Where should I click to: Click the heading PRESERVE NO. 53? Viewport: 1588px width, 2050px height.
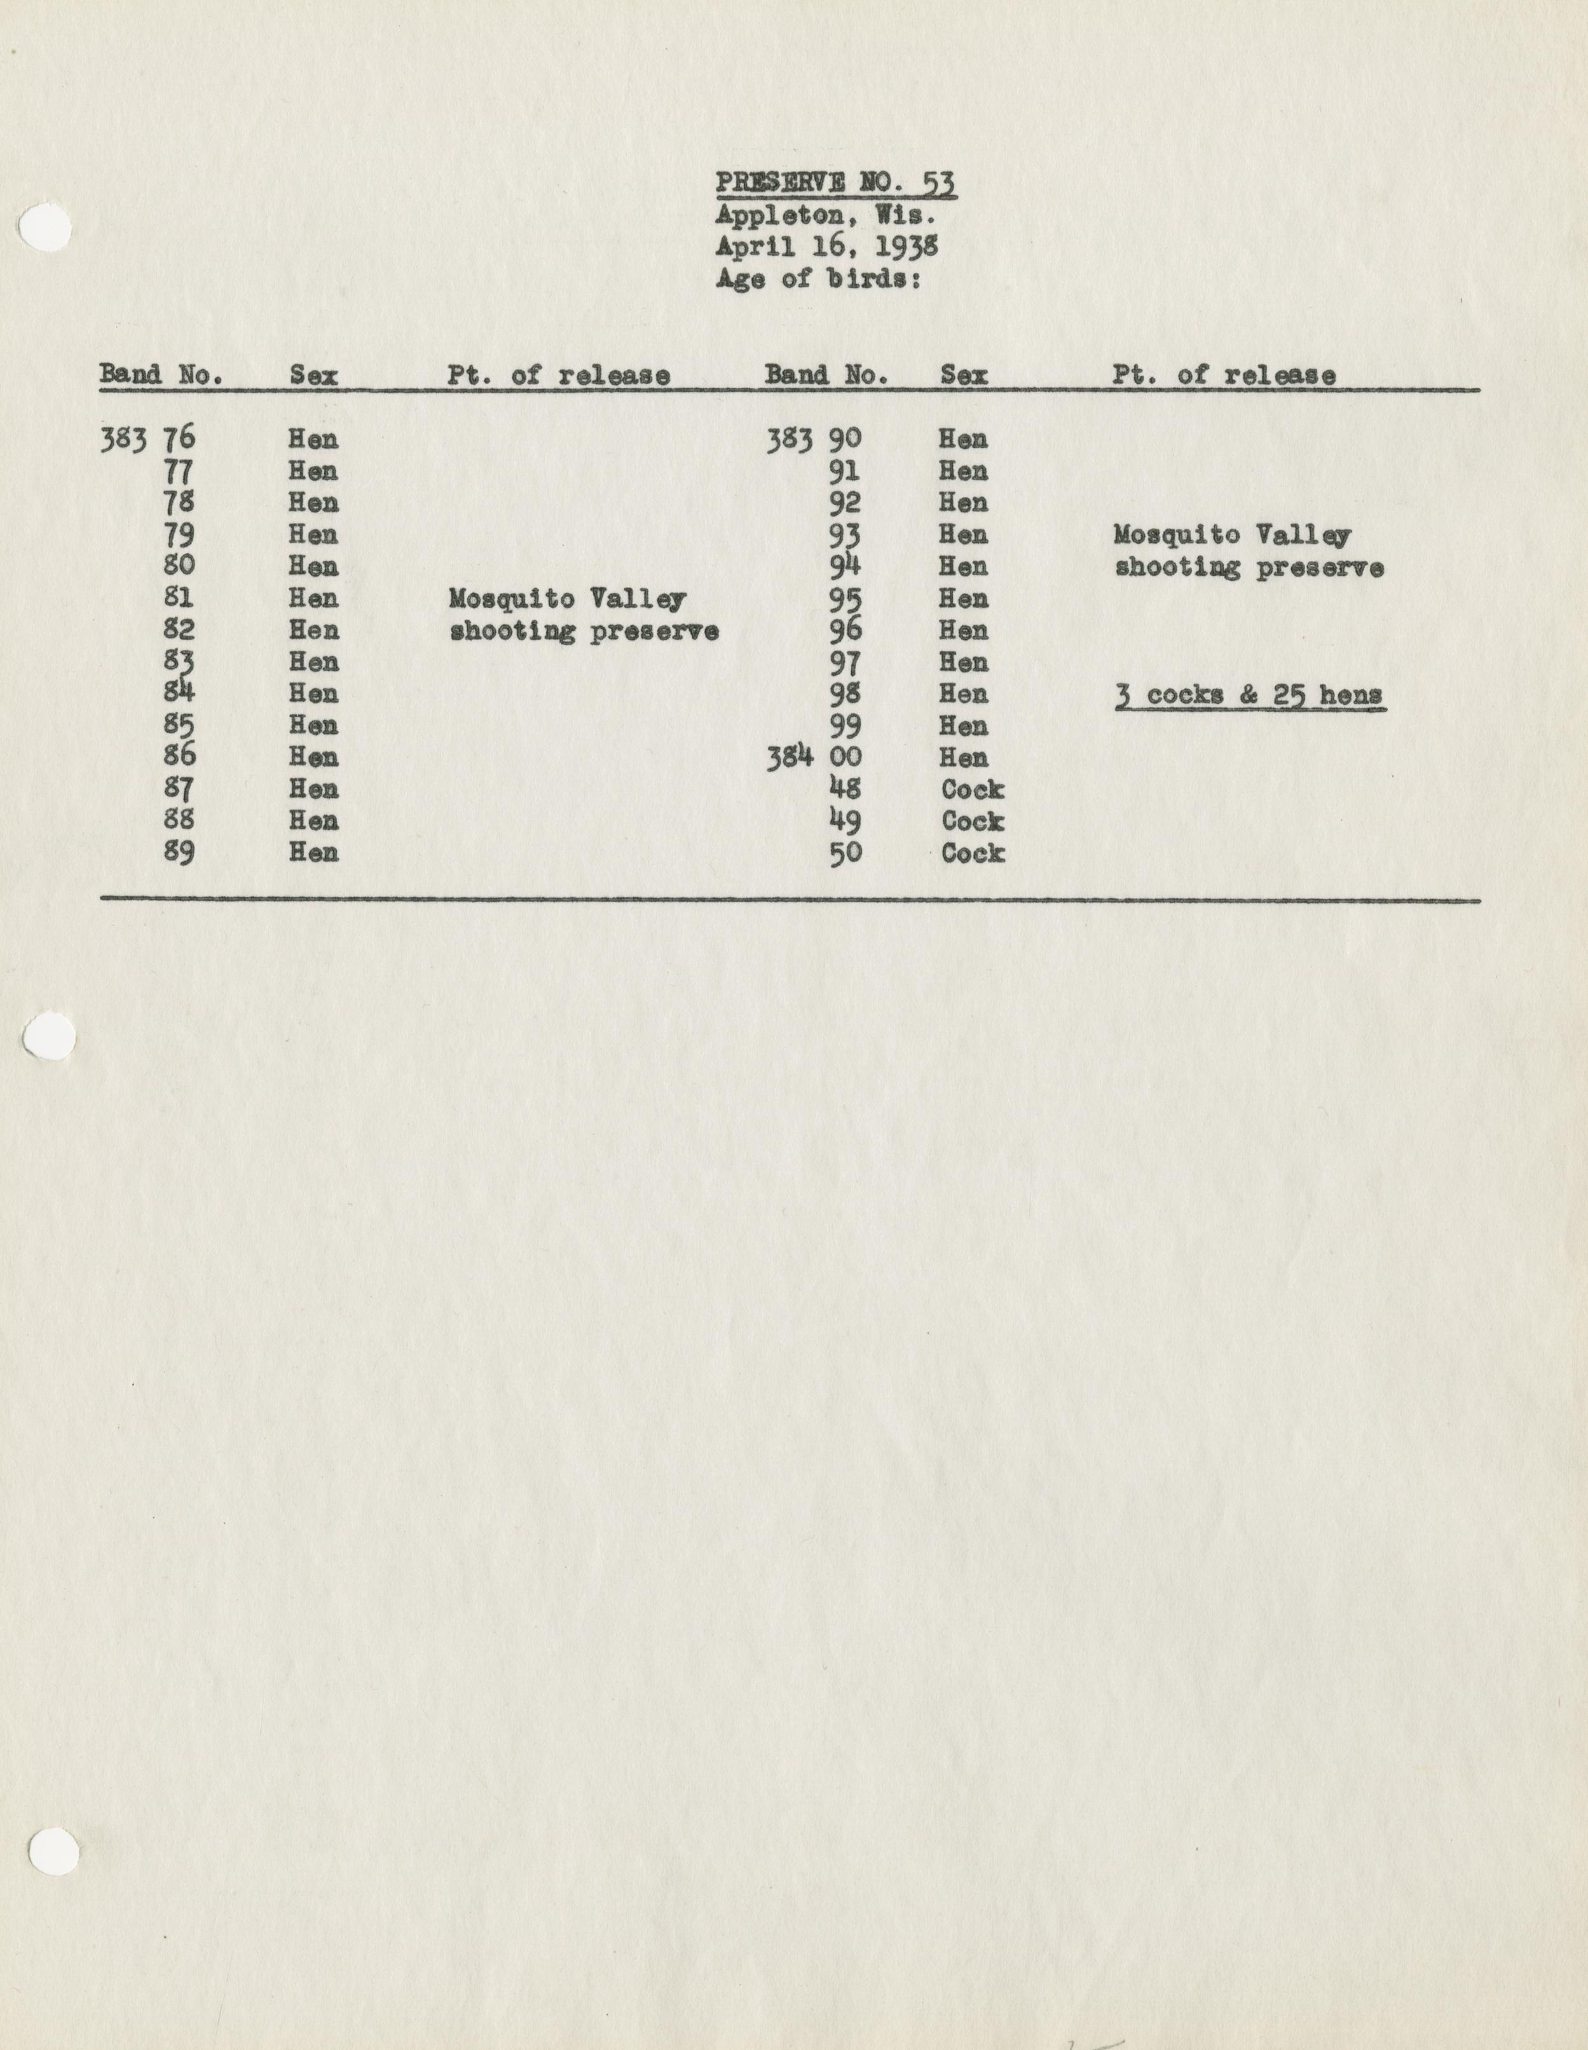click(x=836, y=182)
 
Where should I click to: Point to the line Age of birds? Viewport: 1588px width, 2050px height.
click(x=817, y=279)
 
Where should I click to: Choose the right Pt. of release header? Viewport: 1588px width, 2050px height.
click(x=1224, y=376)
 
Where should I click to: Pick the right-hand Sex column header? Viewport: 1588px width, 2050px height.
click(x=964, y=376)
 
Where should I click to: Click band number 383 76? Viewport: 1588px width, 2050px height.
click(x=147, y=439)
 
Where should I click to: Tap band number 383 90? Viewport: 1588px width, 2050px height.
click(x=813, y=439)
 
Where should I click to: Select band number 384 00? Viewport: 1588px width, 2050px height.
click(x=813, y=757)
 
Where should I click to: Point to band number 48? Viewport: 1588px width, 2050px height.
click(x=845, y=789)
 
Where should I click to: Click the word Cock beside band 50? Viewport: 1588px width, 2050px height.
click(x=973, y=853)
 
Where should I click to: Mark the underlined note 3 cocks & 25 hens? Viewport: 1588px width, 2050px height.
click(x=1250, y=696)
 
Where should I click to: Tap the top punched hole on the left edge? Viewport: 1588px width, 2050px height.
click(x=45, y=228)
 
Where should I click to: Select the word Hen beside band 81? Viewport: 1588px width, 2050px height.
click(x=313, y=599)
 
